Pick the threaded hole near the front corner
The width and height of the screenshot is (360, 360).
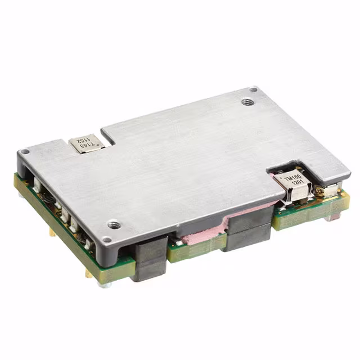tap(113, 224)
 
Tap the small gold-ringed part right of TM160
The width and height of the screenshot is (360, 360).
tap(321, 192)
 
